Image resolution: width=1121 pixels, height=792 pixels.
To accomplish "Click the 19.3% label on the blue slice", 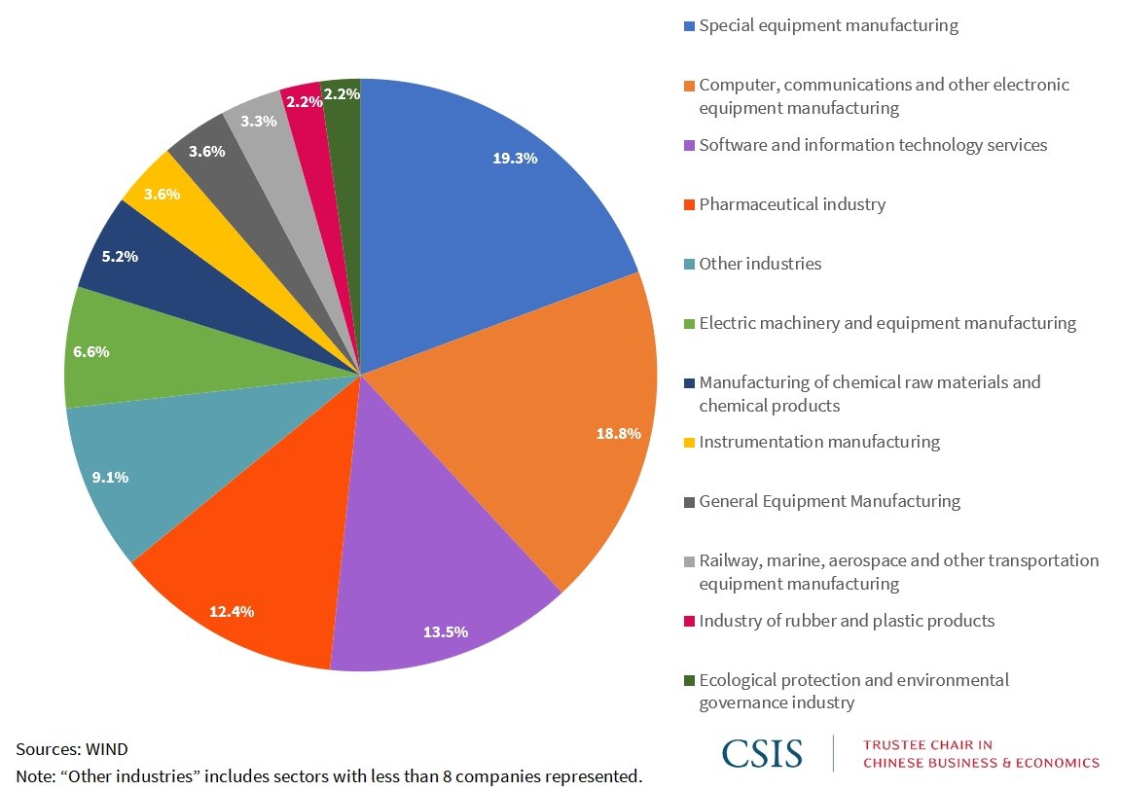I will coord(515,159).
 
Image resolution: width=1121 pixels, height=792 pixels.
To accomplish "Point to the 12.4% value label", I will coord(232,611).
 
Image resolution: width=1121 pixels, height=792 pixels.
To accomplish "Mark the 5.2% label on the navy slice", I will coord(120,258).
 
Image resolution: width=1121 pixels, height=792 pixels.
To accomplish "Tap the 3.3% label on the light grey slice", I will coord(259,122).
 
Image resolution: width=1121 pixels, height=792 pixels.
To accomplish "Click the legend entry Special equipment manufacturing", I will coord(828,26).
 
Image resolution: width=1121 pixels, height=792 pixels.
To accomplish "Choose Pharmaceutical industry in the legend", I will coord(792,204).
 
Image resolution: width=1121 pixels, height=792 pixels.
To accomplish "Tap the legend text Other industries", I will coord(760,264).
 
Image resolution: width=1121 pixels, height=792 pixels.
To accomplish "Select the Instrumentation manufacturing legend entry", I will coord(819,442).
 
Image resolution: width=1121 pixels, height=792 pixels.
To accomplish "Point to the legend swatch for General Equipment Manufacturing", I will coord(689,502).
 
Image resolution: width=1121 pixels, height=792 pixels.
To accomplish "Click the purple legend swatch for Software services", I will coord(689,146).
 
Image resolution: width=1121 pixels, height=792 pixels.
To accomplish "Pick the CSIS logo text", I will coord(762,753).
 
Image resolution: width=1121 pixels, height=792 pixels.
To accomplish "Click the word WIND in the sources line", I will coord(107,749).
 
